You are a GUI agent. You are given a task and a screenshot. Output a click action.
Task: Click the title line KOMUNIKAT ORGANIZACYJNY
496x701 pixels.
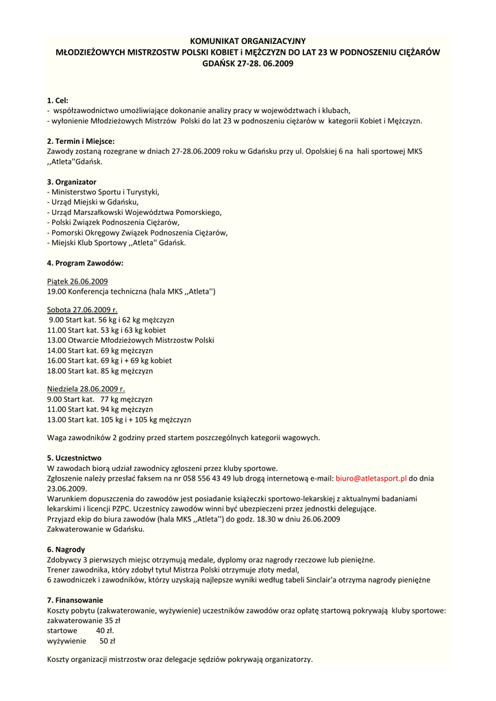pos(248,41)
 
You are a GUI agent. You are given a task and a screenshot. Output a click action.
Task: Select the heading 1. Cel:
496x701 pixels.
pos(58,100)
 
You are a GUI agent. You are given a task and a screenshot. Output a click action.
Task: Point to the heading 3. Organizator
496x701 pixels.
pos(71,181)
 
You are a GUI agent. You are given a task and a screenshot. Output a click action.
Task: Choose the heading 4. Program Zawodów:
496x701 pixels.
pos(85,263)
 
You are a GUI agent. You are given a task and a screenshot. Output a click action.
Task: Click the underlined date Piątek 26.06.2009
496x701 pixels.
pos(77,281)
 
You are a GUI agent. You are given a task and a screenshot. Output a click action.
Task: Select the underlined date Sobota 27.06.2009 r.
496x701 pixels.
pos(82,309)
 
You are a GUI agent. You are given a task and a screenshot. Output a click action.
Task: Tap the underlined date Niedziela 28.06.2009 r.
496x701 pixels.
pos(86,389)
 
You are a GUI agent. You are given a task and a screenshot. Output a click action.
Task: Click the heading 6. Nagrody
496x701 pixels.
pos(66,549)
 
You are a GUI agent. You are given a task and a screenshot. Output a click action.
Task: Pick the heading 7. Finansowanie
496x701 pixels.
pos(75,600)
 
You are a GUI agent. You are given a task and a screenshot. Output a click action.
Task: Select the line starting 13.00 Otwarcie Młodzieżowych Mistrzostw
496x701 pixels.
pos(130,340)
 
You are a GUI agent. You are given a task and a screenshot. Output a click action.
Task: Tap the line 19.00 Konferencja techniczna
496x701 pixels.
pos(132,292)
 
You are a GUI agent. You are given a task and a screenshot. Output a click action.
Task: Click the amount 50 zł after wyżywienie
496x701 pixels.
pos(107,641)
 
